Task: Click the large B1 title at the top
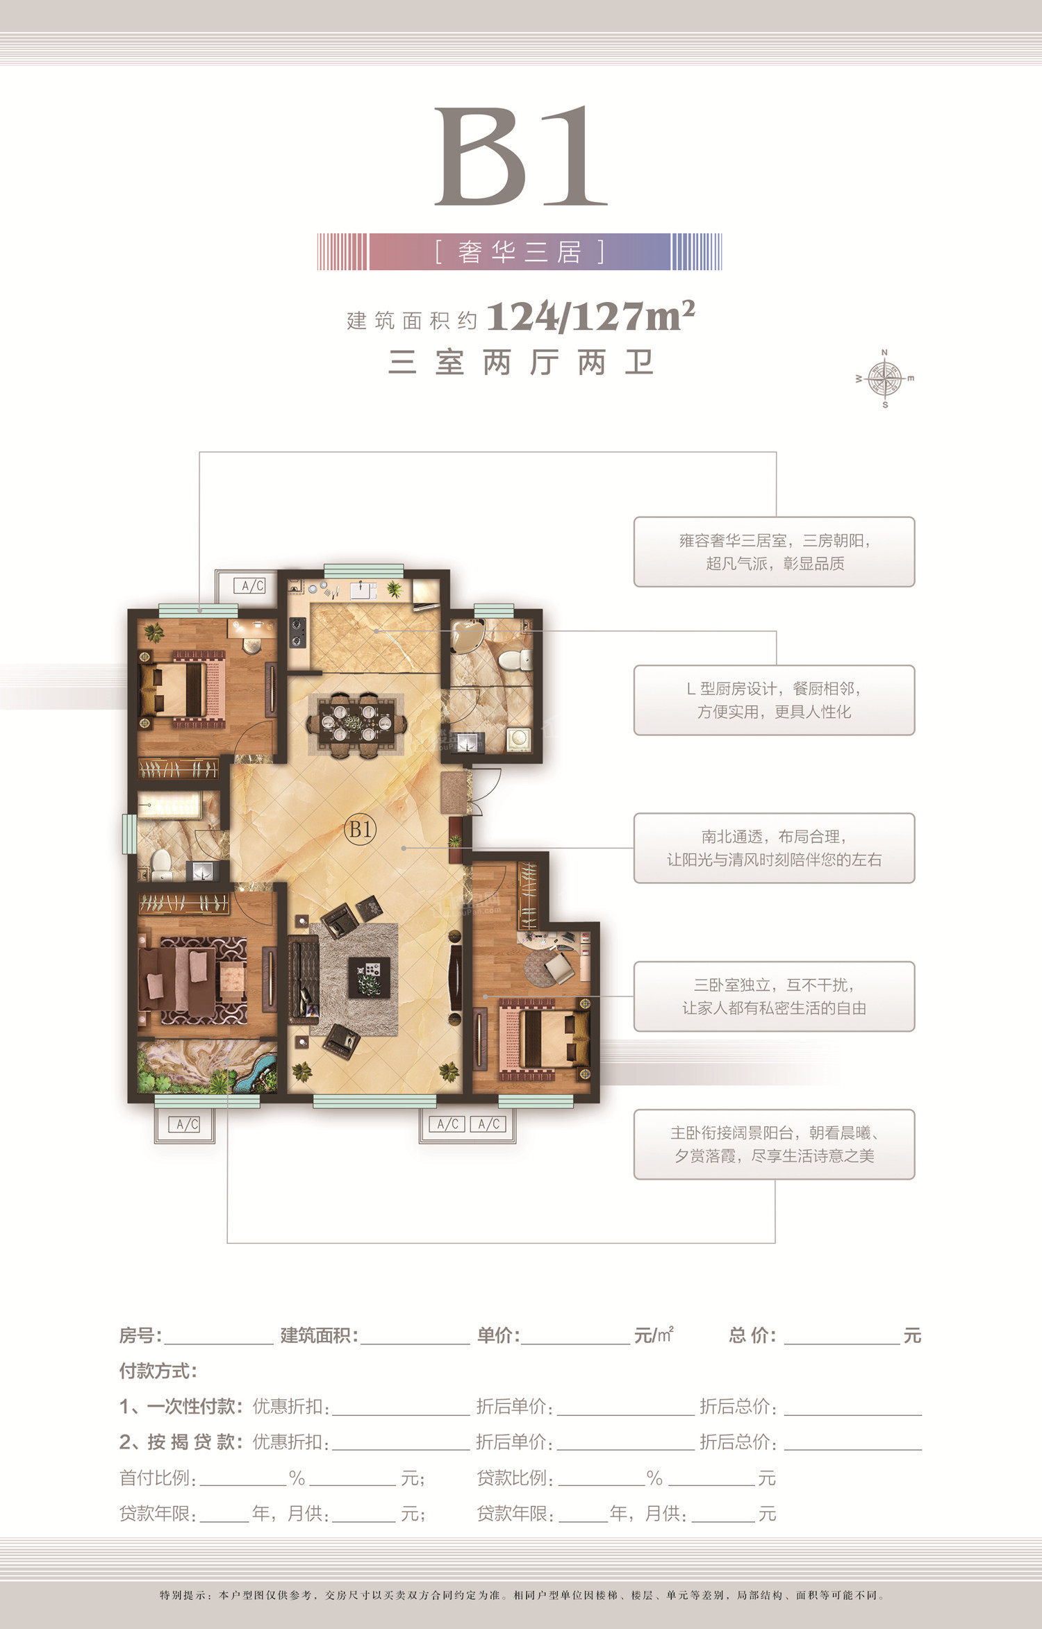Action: coord(521,156)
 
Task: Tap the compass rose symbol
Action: coord(884,379)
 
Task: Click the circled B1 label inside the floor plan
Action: coord(360,829)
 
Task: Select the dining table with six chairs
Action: coord(355,724)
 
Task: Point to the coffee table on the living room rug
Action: coord(369,977)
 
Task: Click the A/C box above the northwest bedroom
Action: coord(253,586)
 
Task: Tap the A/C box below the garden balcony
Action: coord(187,1124)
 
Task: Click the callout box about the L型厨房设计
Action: coord(774,700)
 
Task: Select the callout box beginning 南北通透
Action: coord(774,848)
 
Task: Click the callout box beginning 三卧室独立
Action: coord(774,996)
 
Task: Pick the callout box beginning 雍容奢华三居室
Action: coord(774,551)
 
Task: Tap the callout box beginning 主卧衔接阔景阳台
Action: coord(774,1144)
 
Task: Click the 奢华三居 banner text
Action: coord(520,251)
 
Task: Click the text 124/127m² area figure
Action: coord(591,317)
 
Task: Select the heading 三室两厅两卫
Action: coord(521,362)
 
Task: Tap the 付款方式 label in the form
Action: coord(158,1371)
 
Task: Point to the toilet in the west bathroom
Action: coord(161,863)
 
